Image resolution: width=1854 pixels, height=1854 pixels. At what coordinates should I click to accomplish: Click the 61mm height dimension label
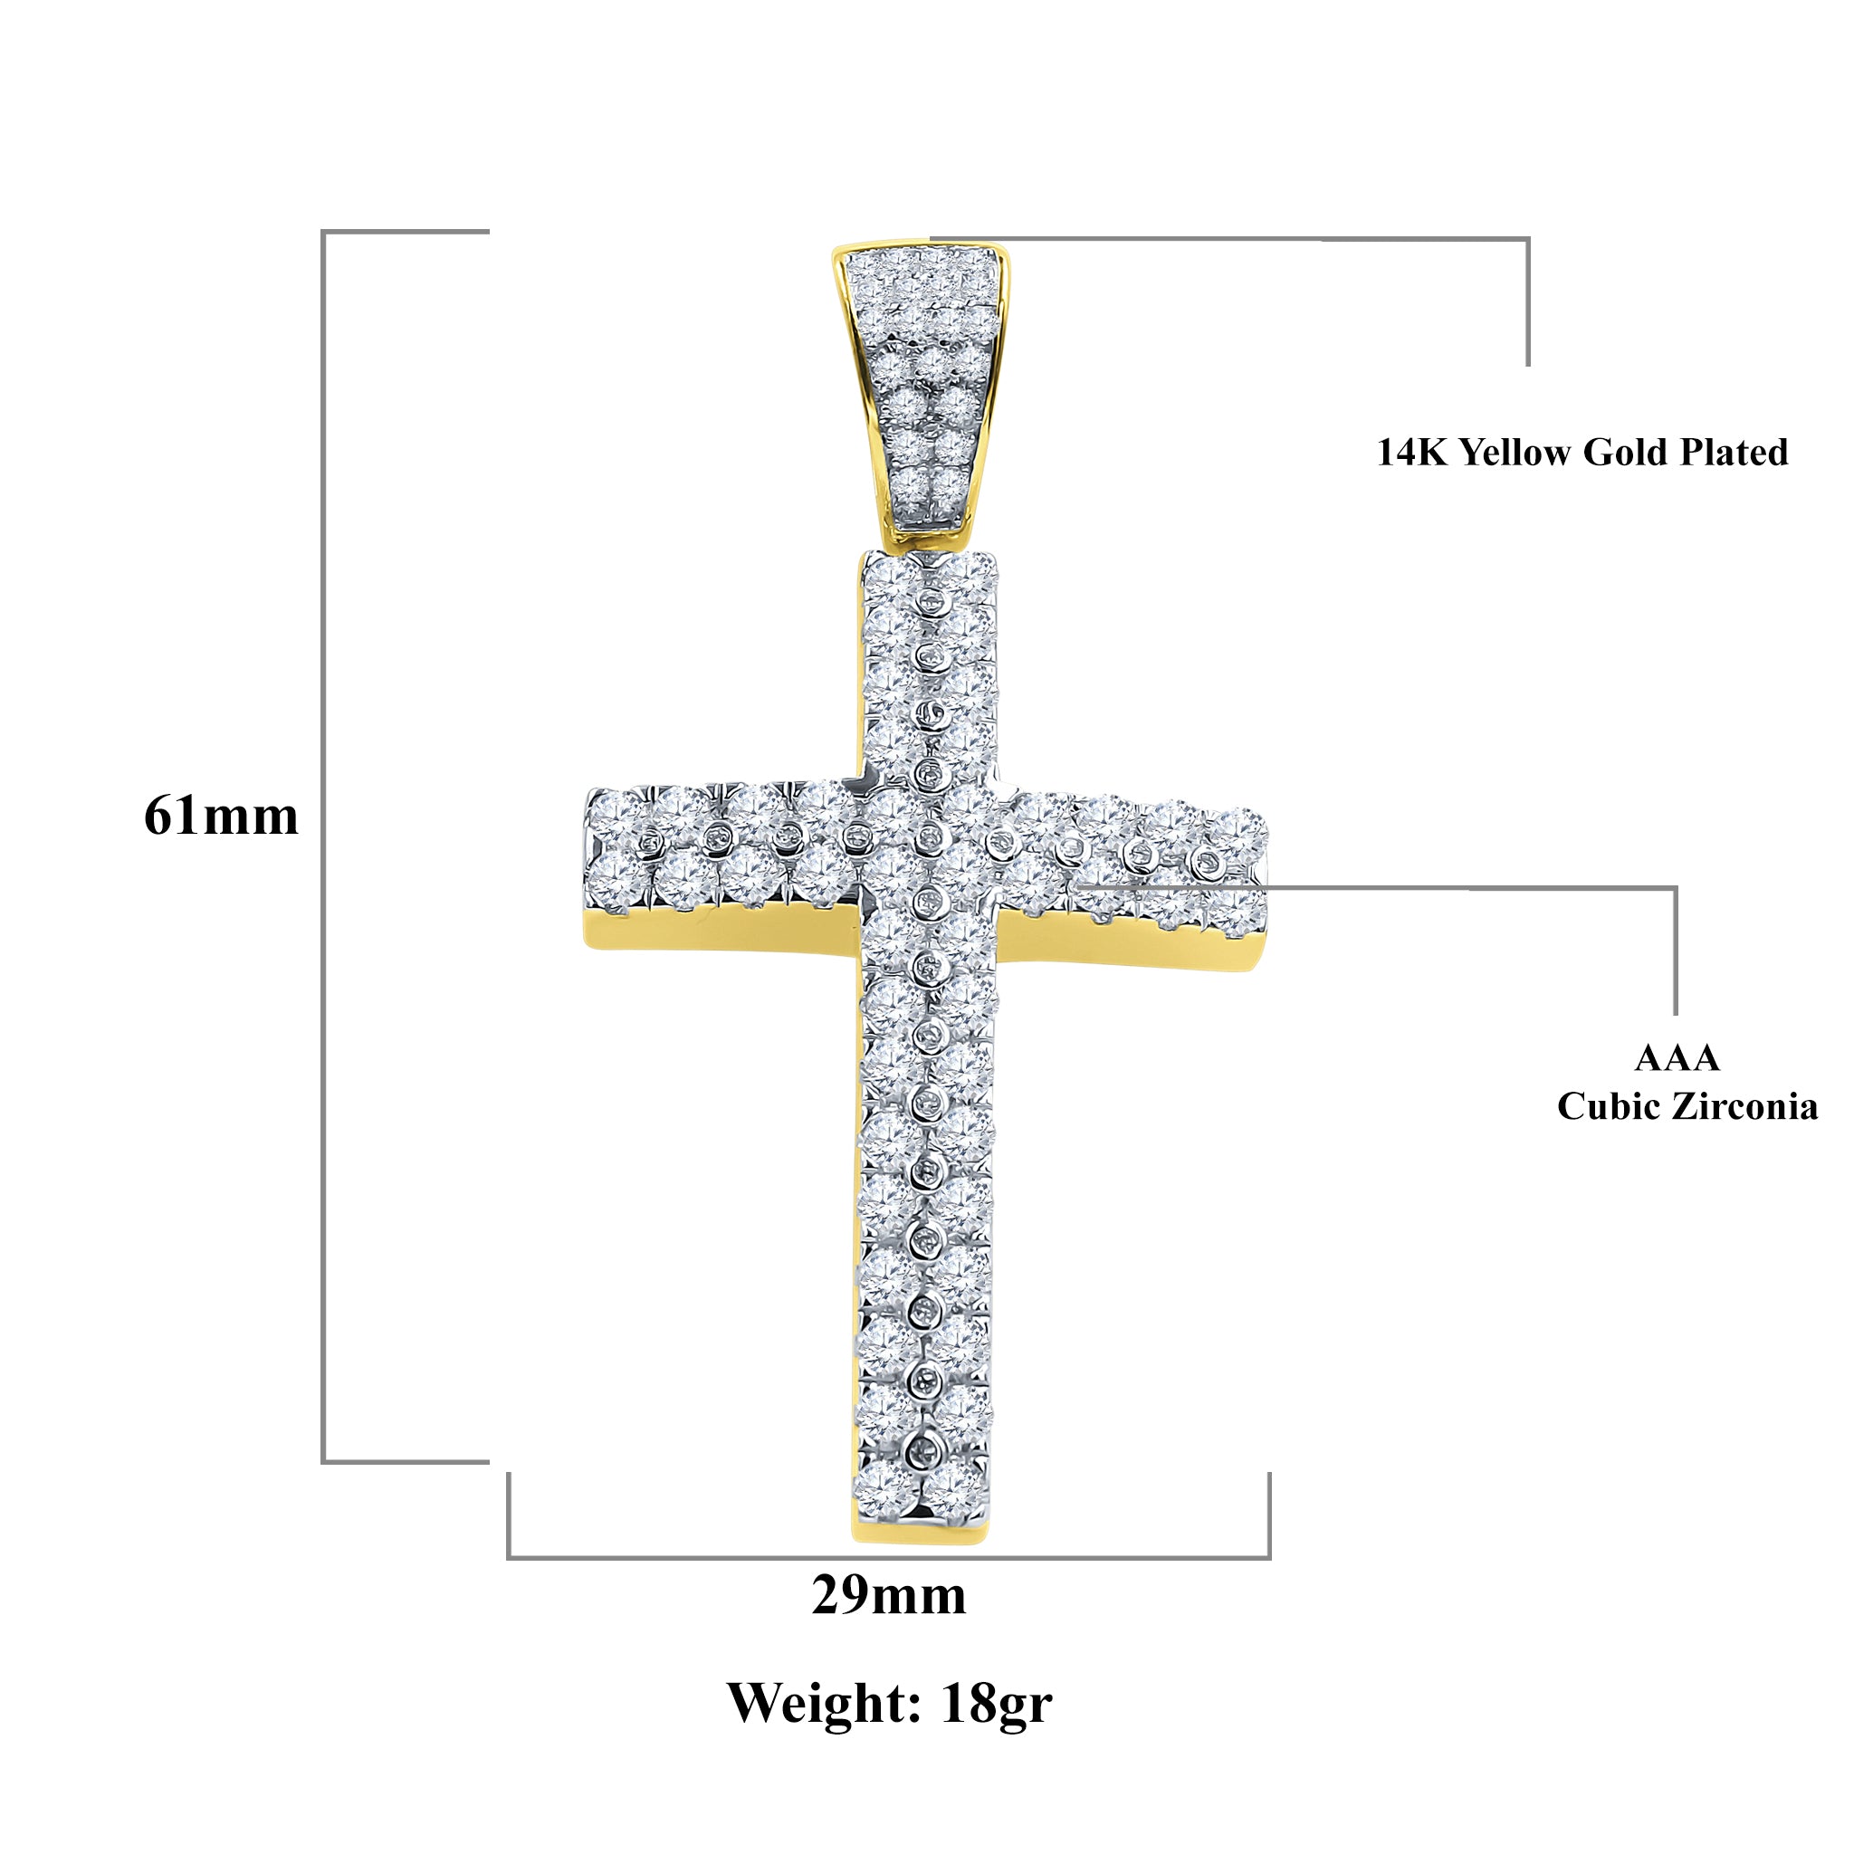coord(221,817)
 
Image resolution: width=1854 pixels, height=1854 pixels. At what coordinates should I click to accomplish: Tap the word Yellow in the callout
coord(1515,453)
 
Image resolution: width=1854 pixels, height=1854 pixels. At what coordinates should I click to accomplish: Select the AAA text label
coord(1677,1057)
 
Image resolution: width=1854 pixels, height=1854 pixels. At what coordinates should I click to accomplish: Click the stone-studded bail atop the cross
coord(921,389)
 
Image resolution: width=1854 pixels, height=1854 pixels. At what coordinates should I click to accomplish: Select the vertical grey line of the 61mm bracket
coord(323,846)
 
